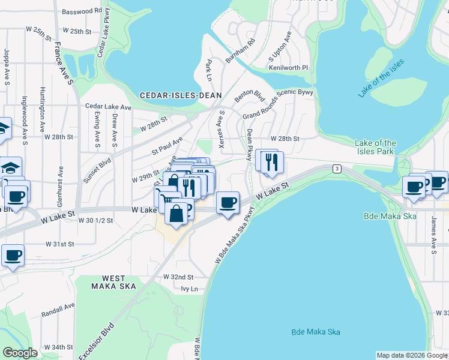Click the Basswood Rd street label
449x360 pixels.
pos(82,11)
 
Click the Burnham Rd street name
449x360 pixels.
pos(241,51)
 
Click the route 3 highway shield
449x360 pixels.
pos(337,169)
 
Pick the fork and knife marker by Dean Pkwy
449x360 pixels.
pos(273,162)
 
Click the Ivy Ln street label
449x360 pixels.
pos(189,289)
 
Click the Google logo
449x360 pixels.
pos(20,353)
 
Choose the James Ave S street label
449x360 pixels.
pos(432,233)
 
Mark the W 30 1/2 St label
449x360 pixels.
pos(95,220)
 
